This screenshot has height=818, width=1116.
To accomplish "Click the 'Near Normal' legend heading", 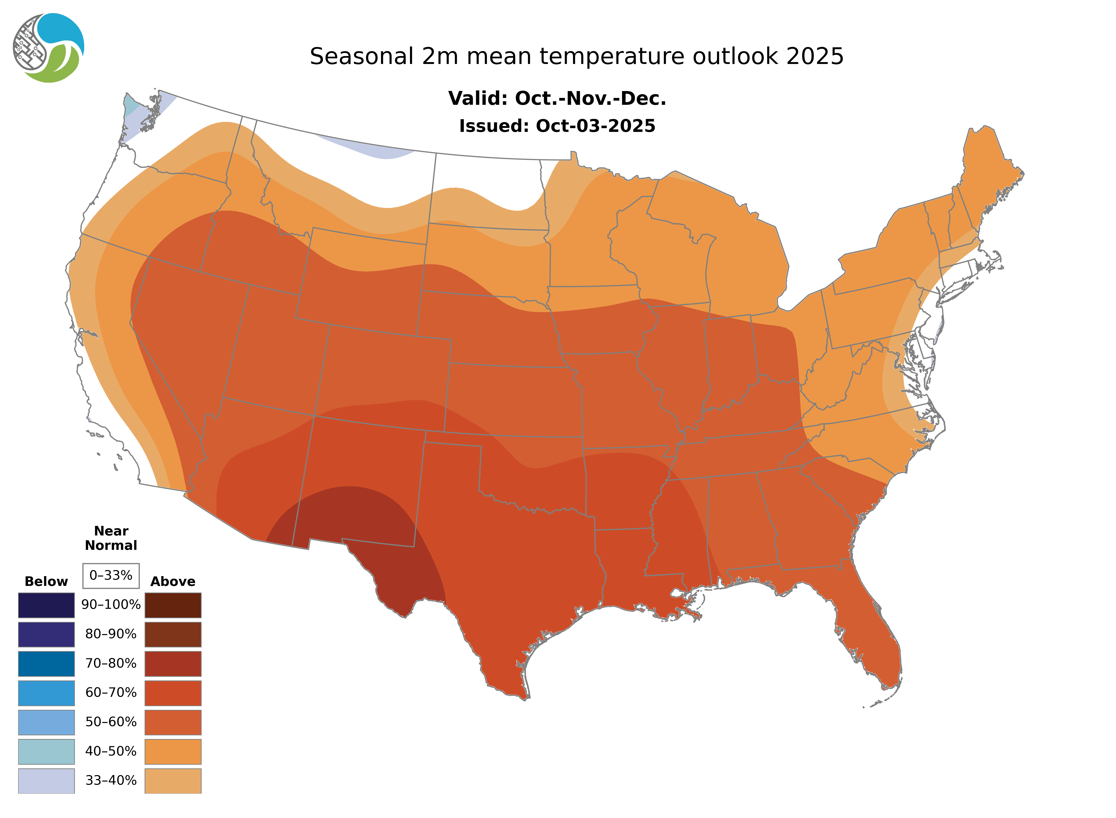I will (111, 538).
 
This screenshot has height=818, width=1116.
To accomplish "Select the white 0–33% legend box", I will (111, 575).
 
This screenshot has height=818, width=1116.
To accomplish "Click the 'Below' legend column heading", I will (46, 581).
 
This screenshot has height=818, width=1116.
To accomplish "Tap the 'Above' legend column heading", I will (173, 581).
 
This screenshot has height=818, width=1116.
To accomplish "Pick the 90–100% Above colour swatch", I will (173, 605).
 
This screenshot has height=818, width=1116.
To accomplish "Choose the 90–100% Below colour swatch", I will (46, 605).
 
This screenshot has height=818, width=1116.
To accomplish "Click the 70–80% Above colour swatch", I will (173, 664).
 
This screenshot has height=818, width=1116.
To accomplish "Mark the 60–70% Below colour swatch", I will (46, 693).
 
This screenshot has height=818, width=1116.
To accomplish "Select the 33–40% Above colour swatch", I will (173, 780).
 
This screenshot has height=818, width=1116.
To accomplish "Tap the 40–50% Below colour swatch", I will (46, 751).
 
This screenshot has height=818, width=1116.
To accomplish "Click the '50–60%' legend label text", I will (111, 722).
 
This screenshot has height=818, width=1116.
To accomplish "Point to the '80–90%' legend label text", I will (111, 634).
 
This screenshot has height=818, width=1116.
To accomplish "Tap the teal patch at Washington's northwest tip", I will (130, 104).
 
